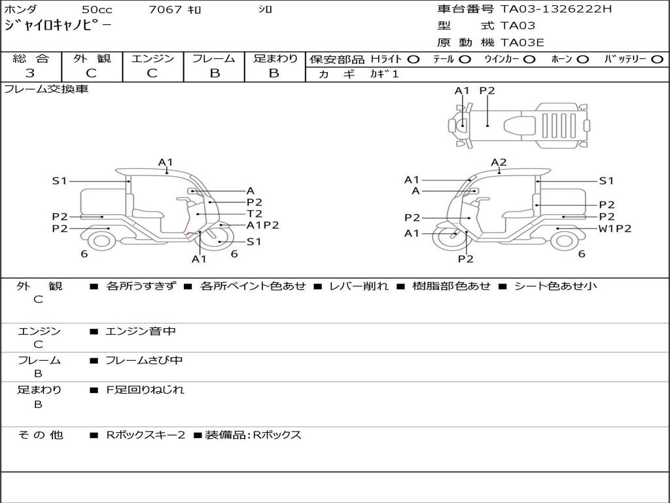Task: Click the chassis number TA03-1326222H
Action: (x=556, y=9)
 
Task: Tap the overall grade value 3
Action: (x=30, y=73)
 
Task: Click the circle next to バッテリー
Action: (x=657, y=60)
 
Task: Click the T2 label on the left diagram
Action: (x=255, y=214)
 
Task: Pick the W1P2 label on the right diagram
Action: (x=614, y=229)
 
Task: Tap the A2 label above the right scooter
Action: (x=499, y=162)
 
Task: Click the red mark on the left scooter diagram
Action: (x=190, y=233)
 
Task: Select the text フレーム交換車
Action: (x=46, y=89)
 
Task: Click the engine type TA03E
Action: (x=522, y=43)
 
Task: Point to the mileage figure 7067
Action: (x=165, y=9)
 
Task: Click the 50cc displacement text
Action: (x=97, y=9)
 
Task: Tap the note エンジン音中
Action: (x=141, y=331)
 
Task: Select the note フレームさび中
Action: (x=144, y=361)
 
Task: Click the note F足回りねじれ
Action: (x=145, y=390)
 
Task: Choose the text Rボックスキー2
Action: (x=146, y=435)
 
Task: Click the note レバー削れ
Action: (x=359, y=286)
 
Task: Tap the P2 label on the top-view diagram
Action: (x=487, y=90)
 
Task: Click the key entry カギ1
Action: (x=384, y=74)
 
